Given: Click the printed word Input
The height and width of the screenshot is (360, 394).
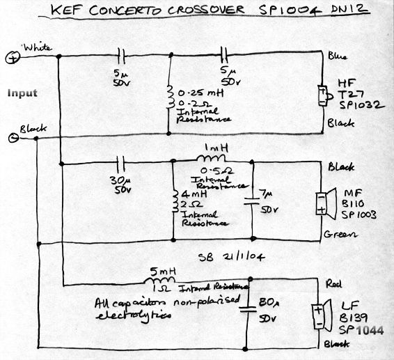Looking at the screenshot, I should (x=22, y=93).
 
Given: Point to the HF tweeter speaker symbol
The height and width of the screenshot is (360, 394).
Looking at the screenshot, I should (x=322, y=95).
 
